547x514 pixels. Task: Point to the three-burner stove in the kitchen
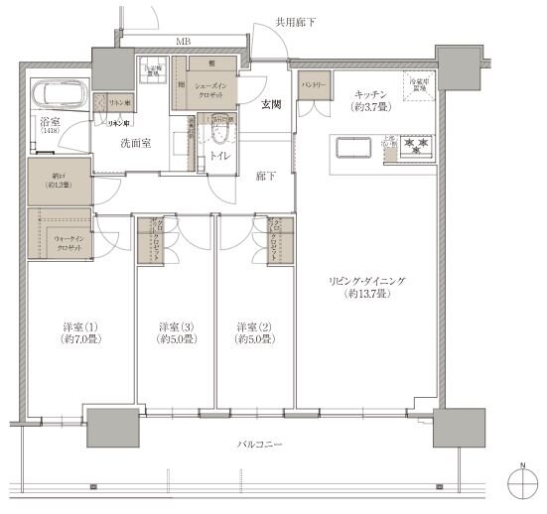coord(415,145)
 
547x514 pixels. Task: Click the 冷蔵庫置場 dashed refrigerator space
coord(417,86)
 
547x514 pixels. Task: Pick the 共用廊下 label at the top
coord(294,20)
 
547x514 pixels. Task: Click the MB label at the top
coord(185,42)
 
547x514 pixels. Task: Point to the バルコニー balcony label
coord(261,446)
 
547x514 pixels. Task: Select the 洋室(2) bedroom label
coord(254,332)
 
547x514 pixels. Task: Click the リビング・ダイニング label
coord(365,288)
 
